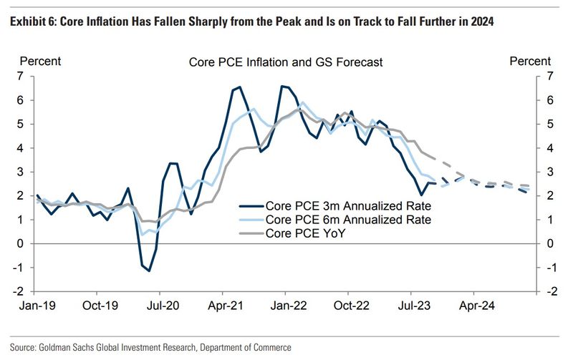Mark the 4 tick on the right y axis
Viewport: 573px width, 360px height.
[549, 148]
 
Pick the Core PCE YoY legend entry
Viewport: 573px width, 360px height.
[306, 232]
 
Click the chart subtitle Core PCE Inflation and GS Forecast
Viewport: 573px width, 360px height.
[285, 62]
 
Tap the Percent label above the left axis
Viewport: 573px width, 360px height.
[40, 62]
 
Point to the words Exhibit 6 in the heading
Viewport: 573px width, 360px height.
[33, 22]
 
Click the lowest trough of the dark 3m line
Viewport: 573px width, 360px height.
[149, 271]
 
